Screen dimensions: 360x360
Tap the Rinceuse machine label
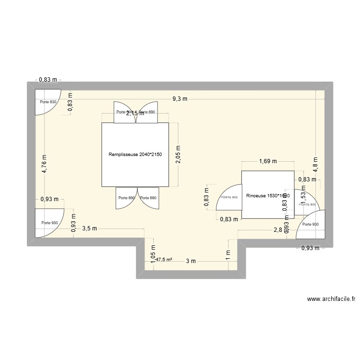pyautogui.click(x=267, y=196)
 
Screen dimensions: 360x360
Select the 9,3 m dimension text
pyautogui.click(x=180, y=99)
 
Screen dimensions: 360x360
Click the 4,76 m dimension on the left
pyautogui.click(x=44, y=166)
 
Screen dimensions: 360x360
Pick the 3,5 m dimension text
pyautogui.click(x=90, y=228)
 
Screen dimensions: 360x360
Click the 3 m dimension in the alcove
pyautogui.click(x=191, y=261)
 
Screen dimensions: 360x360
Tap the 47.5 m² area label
pyautogui.click(x=164, y=260)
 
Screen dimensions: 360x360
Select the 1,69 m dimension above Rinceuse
pyautogui.click(x=267, y=162)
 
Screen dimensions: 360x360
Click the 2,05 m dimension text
pyautogui.click(x=178, y=155)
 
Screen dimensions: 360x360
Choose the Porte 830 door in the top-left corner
pyautogui.click(x=48, y=102)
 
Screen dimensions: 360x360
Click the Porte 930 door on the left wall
pyautogui.click(x=49, y=223)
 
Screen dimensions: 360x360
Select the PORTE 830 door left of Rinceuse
pyautogui.click(x=229, y=197)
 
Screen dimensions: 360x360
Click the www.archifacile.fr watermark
pyautogui.click(x=331, y=299)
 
